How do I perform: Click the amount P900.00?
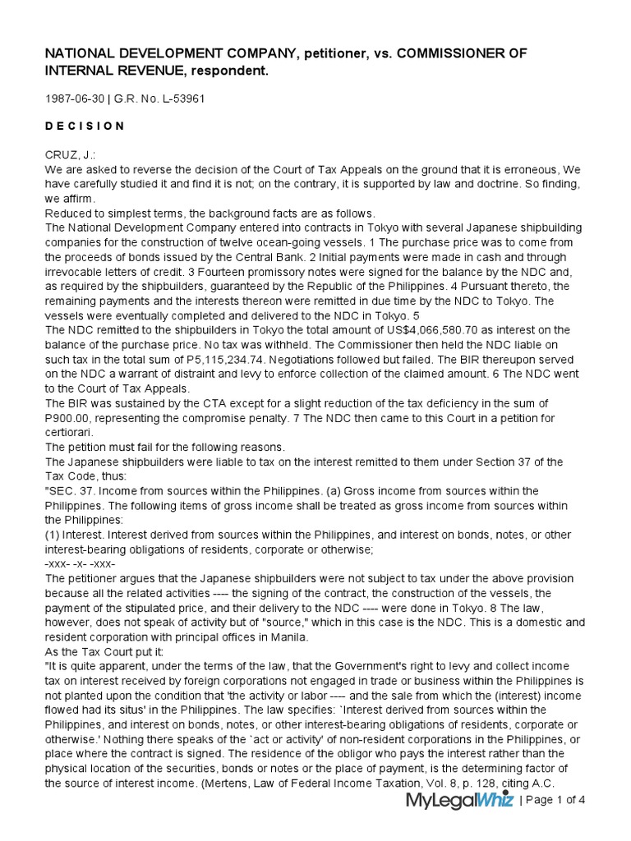(x=71, y=417)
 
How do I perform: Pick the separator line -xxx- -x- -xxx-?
(x=81, y=565)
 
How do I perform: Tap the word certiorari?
(x=69, y=432)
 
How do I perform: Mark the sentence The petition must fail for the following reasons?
(x=165, y=447)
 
